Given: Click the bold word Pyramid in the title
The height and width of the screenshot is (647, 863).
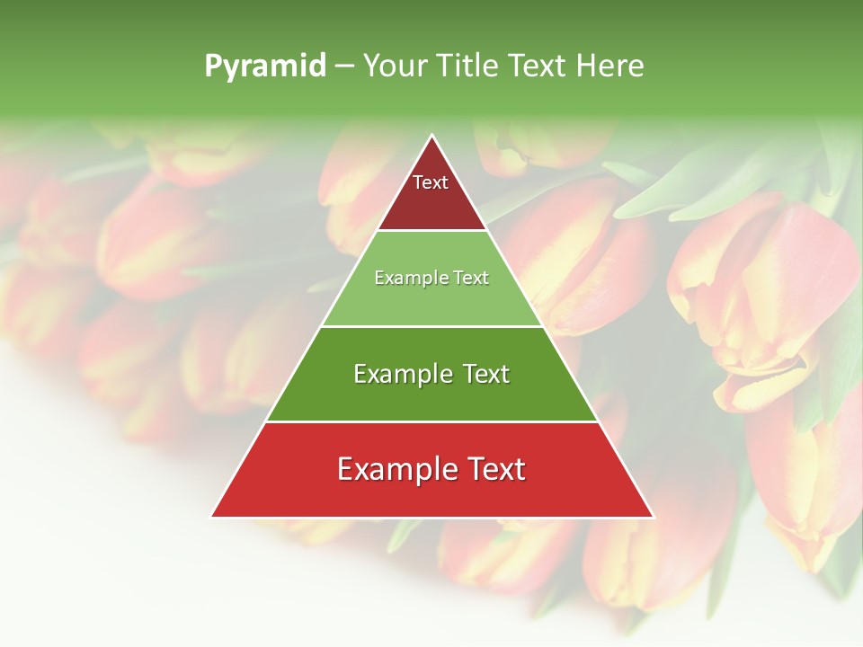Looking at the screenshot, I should (265, 66).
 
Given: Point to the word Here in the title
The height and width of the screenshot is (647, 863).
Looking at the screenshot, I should (610, 66).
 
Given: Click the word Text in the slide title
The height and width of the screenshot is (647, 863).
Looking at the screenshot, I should (539, 66).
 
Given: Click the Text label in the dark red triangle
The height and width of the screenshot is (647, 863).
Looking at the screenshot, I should (431, 182).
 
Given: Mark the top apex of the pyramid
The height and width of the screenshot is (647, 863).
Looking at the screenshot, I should (432, 136).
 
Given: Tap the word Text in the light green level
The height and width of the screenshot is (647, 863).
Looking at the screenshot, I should (472, 279).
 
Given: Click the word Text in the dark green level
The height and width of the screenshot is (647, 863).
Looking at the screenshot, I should (485, 374).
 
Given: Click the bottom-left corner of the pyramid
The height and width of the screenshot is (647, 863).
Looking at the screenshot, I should (212, 517).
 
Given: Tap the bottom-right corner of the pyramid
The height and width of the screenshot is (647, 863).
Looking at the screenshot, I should (654, 517).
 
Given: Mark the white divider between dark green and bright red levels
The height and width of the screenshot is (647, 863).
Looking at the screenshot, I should (432, 421).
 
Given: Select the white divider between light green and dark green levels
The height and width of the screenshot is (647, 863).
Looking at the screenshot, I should (432, 326).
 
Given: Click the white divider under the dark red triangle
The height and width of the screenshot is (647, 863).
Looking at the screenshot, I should (432, 231).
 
